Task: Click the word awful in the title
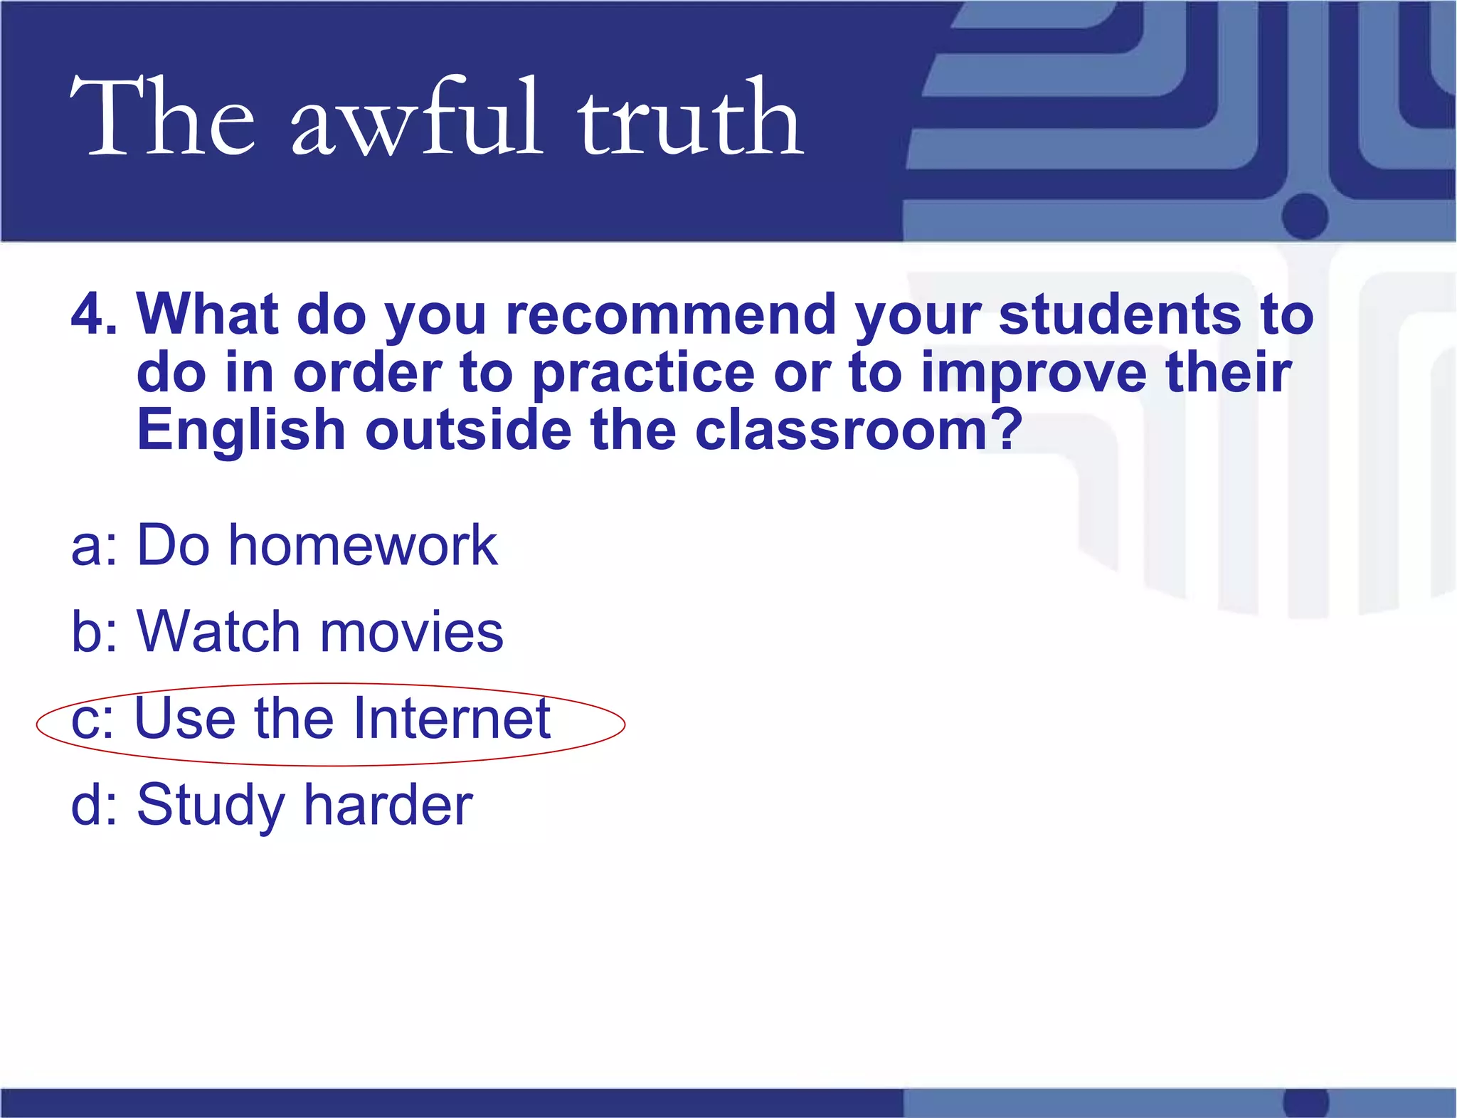coord(416,117)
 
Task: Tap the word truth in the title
coord(690,117)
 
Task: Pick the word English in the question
coord(241,431)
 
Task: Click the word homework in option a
coord(363,545)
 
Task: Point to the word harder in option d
coord(388,805)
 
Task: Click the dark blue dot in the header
coord(1305,216)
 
